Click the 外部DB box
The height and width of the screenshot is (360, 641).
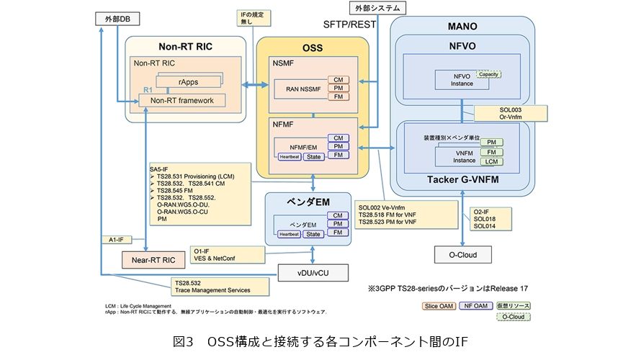[115, 19]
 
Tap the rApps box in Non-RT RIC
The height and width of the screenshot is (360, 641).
[189, 81]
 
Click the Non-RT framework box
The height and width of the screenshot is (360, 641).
[181, 100]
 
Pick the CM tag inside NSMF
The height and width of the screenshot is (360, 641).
[337, 79]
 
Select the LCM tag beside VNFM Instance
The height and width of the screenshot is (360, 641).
[490, 162]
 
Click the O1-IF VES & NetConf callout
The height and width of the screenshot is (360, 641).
[220, 253]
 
